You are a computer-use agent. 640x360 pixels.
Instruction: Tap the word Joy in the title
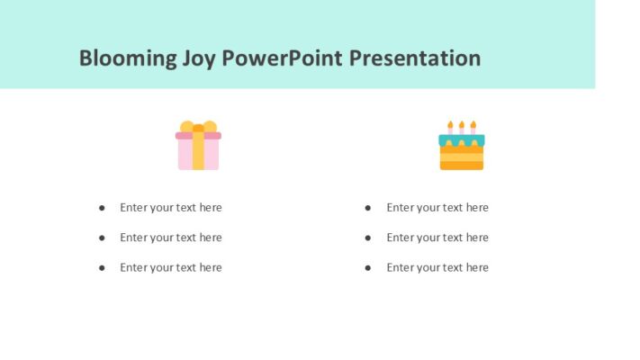(199, 58)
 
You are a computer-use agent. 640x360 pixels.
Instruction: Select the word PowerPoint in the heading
(283, 58)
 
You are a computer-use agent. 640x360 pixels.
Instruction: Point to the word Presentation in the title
(415, 58)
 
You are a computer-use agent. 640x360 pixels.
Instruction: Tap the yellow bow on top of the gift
(198, 127)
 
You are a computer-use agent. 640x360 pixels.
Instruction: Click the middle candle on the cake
(462, 127)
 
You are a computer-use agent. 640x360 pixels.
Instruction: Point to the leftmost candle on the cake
(451, 127)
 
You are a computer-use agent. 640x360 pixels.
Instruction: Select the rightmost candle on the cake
(473, 127)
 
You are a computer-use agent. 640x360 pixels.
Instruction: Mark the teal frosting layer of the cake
(461, 139)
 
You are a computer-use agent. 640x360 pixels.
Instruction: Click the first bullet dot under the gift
(102, 208)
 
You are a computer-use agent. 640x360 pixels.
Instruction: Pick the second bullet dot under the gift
(102, 238)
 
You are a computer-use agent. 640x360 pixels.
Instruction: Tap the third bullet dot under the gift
(102, 267)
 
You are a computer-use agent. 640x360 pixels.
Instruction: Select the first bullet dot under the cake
(368, 208)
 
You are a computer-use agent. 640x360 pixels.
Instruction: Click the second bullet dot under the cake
(368, 238)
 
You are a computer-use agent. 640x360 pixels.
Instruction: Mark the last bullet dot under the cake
(368, 267)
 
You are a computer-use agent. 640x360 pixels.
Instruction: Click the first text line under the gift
(170, 208)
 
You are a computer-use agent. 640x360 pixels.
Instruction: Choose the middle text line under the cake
(437, 238)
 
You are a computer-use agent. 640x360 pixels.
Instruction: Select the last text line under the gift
(170, 267)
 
